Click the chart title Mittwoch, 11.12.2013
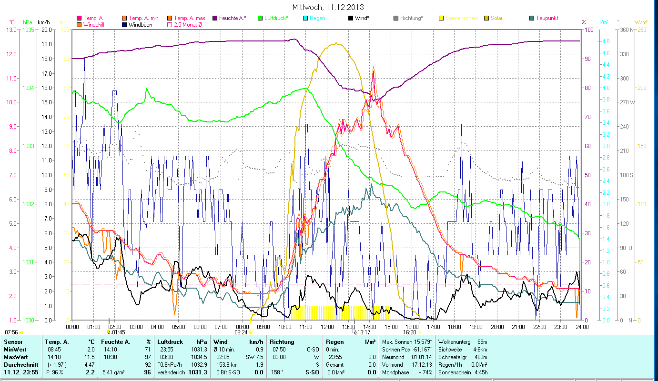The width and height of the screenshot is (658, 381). [x=328, y=7]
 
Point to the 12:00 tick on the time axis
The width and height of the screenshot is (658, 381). [x=327, y=327]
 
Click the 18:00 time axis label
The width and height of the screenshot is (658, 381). [x=455, y=327]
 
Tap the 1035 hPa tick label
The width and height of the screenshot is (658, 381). [x=28, y=30]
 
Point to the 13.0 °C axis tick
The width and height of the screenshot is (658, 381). [x=11, y=30]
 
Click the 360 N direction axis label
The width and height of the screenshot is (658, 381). [x=626, y=30]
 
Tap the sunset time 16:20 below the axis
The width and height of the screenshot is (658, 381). [x=409, y=332]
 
